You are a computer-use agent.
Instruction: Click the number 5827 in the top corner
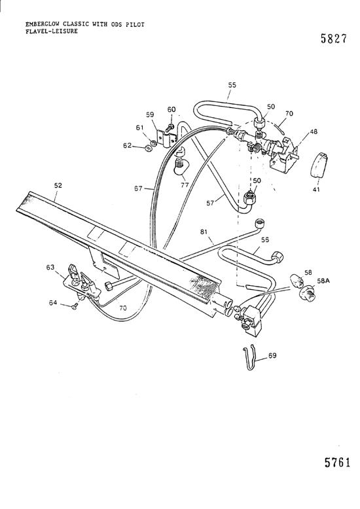point(334,39)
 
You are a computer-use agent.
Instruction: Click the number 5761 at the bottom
point(338,462)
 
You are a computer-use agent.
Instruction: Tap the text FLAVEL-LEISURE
point(52,31)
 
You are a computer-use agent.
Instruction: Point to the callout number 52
point(58,185)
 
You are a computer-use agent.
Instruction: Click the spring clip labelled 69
point(249,358)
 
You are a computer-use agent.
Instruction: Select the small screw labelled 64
point(75,306)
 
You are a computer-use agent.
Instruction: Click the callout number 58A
point(323,281)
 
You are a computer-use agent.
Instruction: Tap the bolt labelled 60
point(170,128)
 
